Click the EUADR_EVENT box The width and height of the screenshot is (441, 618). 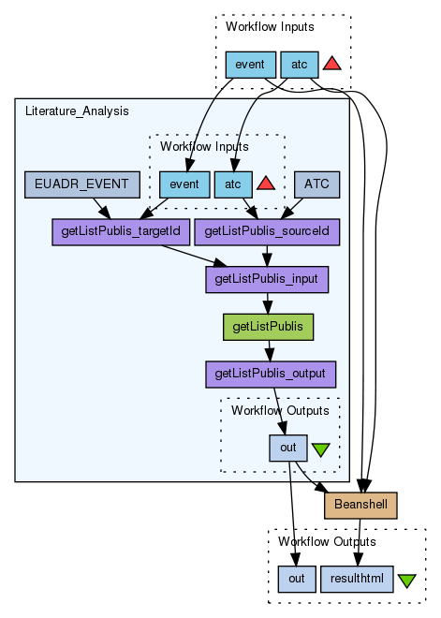tap(82, 184)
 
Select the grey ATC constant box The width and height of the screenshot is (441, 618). tap(316, 184)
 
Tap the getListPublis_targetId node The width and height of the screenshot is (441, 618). tap(121, 232)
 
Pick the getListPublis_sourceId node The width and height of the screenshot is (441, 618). tap(267, 232)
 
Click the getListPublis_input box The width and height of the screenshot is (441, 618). tap(267, 279)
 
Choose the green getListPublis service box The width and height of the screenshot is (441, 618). tap(268, 327)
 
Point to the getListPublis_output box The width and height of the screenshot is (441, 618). tap(271, 374)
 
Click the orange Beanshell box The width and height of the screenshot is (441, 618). tap(360, 506)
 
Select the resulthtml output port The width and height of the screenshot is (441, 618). tap(357, 579)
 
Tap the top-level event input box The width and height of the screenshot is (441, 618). tap(250, 65)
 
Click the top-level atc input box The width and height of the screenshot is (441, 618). tap(299, 65)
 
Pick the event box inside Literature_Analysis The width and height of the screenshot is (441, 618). tap(184, 184)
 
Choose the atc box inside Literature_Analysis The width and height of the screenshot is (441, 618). tap(233, 184)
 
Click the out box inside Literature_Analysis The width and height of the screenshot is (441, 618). tap(288, 449)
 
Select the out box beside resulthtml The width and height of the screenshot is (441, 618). tap(297, 579)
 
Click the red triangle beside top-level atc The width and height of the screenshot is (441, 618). tap(332, 65)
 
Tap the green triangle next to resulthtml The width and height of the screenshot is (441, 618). tap(406, 581)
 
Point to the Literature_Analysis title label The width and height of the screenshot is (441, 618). tap(77, 111)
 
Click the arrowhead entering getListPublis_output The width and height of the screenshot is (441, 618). tap(270, 356)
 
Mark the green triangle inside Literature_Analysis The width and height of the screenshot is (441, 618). tap(321, 449)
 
